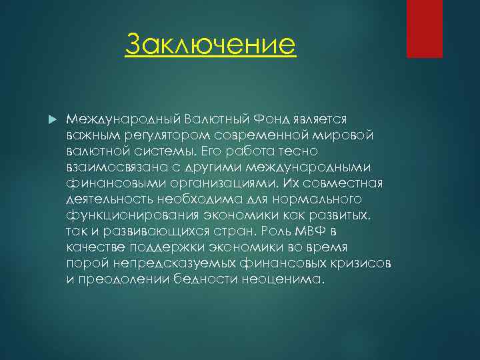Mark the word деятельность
(107, 199)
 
